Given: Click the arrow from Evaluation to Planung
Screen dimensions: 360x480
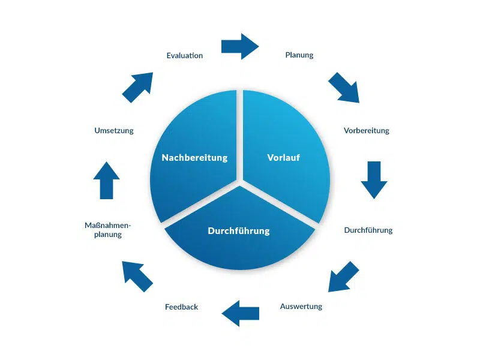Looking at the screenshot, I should click(240, 46).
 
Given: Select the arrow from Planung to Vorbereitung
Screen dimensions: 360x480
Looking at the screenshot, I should click(344, 88).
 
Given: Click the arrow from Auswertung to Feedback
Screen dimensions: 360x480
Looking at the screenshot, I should click(241, 313).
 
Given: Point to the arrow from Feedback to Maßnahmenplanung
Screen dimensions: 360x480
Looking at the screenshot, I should click(137, 276).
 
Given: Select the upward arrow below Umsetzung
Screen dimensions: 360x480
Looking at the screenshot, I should click(106, 180).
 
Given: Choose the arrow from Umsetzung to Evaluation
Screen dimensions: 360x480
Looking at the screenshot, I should click(137, 88).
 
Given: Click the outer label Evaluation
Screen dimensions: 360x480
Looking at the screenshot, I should click(185, 56).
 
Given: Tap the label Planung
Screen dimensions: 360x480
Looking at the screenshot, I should click(299, 55).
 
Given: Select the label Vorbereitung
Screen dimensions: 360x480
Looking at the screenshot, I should click(367, 131).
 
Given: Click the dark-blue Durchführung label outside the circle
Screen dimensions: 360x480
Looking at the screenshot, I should click(368, 230).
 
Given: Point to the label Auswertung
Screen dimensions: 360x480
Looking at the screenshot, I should click(301, 307).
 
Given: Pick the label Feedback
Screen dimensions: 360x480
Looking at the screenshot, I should click(181, 307).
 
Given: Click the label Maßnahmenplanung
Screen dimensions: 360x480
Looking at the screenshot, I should click(108, 230).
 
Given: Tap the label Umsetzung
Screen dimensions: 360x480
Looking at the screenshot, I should click(114, 131).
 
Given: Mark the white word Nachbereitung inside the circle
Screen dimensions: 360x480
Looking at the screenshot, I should click(194, 158).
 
